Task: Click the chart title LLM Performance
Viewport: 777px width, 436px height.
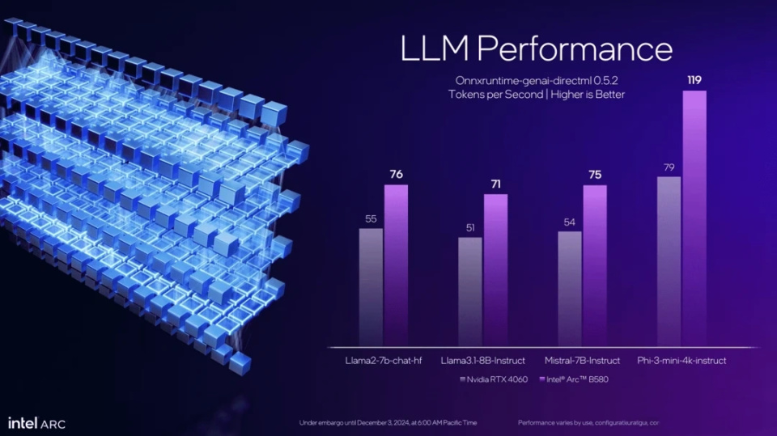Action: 537,49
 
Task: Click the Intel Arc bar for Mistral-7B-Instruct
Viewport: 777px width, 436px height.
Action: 595,265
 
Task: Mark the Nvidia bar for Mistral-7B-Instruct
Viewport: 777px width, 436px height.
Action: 570,288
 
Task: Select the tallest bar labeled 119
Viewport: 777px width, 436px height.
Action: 694,218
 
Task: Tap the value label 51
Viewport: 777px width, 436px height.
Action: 470,227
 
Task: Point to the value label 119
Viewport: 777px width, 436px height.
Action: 694,80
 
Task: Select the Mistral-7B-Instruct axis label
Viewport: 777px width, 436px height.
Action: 582,360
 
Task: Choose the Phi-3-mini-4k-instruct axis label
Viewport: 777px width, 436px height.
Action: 681,360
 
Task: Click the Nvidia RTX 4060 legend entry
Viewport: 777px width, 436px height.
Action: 495,379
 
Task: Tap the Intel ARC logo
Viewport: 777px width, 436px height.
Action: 36,423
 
